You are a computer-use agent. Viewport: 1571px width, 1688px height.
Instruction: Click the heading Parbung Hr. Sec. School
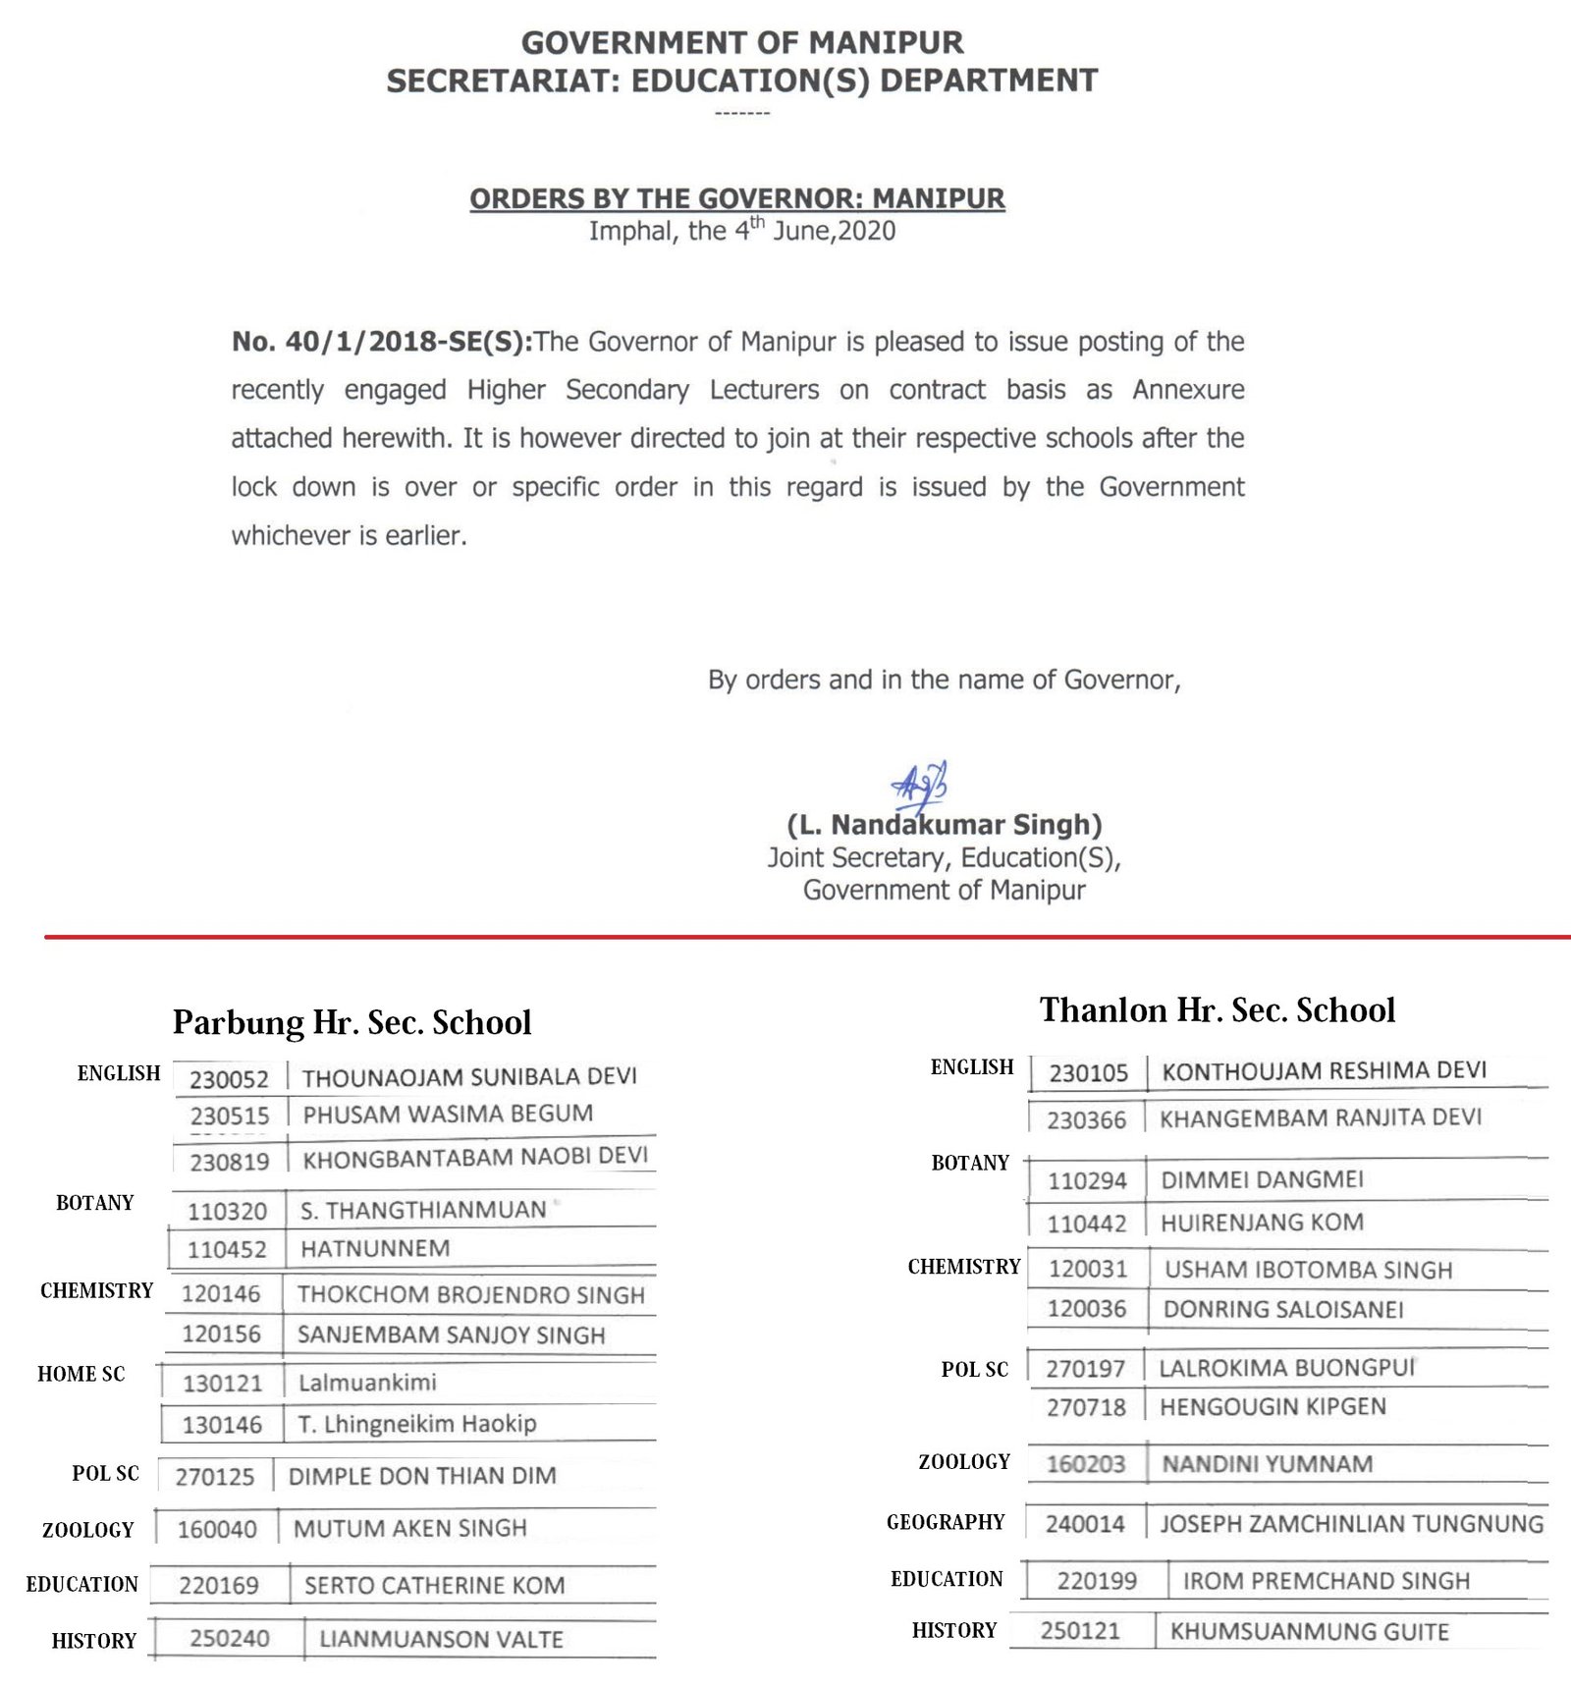352,1022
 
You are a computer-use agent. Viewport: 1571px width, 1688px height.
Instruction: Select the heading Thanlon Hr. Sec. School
1218,1009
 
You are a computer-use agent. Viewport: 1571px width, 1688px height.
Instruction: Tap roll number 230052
229,1079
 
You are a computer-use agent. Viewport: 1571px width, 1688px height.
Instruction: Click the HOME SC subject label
81,1374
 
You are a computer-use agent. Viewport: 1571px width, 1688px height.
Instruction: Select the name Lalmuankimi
367,1383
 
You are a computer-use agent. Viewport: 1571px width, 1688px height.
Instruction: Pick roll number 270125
214,1477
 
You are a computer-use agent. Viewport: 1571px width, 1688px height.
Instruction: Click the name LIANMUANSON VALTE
441,1639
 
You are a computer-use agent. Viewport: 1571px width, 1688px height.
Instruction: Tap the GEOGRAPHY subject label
946,1522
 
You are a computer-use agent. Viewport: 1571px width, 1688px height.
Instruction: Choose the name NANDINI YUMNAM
1268,1464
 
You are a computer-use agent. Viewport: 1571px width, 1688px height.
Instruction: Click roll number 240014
1085,1524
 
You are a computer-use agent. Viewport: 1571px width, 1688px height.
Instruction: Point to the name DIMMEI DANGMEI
1262,1179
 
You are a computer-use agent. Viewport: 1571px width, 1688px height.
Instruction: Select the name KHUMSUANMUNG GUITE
1309,1632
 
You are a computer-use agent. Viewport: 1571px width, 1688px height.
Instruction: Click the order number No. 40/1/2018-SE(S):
382,342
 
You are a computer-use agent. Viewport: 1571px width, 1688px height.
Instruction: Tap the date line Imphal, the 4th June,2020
741,232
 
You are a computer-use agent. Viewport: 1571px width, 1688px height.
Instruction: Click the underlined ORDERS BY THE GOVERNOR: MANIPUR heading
736,198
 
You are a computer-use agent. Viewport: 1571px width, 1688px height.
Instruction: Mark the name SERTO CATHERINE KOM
434,1585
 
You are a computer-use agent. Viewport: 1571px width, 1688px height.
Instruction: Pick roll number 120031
1088,1269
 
